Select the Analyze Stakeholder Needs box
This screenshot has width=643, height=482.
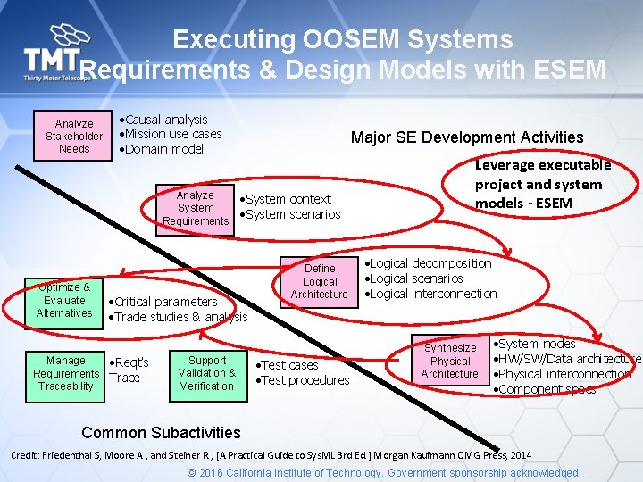coord(74,136)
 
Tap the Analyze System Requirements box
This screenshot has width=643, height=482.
coord(195,208)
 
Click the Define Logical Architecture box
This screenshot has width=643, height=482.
coord(320,281)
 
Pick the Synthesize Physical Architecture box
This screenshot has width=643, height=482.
coord(449,361)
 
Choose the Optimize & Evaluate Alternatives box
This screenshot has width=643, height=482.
coord(64,300)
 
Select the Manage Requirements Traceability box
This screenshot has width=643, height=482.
coord(65,373)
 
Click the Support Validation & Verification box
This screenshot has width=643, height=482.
coord(207,373)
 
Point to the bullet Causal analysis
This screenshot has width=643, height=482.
coord(165,120)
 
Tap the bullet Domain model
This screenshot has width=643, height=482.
coord(164,149)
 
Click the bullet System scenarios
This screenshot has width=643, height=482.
coord(293,214)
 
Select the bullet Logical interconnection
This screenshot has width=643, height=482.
coord(432,294)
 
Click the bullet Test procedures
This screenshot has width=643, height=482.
coord(305,380)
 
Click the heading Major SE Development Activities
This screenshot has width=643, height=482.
coord(467,137)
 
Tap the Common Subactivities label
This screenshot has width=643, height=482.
coord(161,433)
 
